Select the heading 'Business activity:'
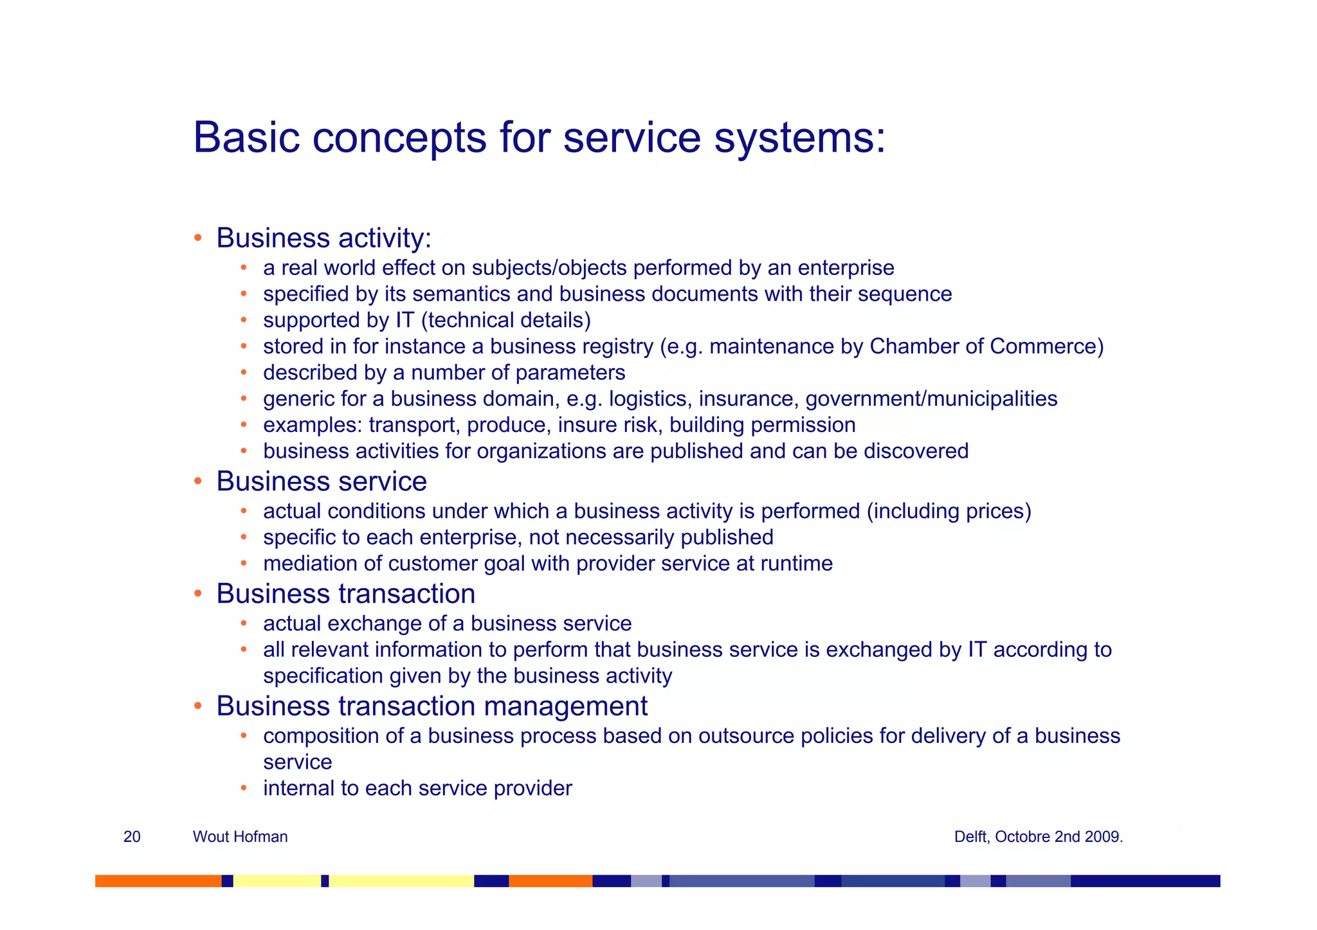tap(323, 238)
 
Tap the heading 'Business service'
tap(321, 481)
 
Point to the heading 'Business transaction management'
tap(431, 706)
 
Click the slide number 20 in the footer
tap(132, 837)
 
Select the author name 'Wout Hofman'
tap(240, 837)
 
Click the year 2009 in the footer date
tap(1105, 837)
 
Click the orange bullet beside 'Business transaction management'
tap(199, 707)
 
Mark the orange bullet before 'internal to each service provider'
tap(244, 788)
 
